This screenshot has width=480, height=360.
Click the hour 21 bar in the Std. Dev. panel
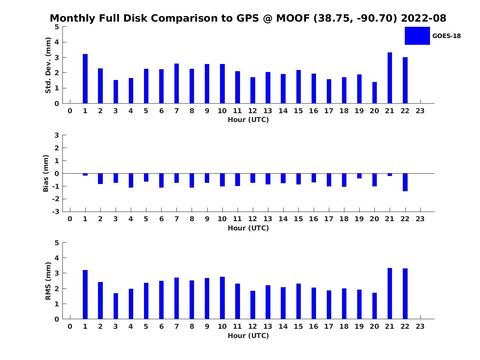pos(390,78)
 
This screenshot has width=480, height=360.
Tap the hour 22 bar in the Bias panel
pos(405,182)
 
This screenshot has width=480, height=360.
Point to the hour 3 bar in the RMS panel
pos(116,306)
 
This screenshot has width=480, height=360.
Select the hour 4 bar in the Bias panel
pos(131,180)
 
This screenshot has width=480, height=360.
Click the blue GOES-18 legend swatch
pos(417,36)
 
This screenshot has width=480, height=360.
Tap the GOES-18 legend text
pos(446,36)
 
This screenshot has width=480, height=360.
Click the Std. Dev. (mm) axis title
pos(48,65)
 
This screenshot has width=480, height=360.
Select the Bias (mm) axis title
pos(46,173)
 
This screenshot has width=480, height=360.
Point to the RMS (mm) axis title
pos(48,281)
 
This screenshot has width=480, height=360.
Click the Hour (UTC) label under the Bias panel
pos(248,228)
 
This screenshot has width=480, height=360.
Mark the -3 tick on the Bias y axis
pos(57,212)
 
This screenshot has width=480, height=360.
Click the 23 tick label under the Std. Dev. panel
pos(420,111)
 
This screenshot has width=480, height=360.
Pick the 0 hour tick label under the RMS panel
pos(70,326)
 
